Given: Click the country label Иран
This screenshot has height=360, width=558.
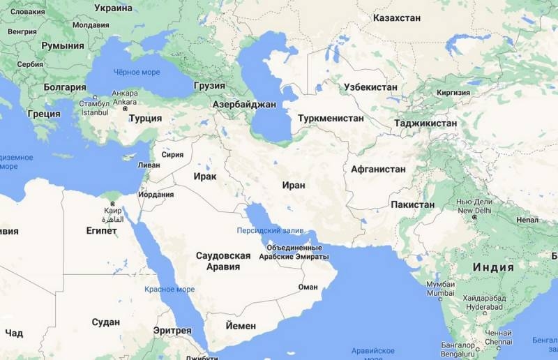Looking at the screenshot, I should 294,186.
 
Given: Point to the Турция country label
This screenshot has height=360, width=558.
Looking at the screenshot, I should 146,118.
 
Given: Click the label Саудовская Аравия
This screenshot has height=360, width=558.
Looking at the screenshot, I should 223,261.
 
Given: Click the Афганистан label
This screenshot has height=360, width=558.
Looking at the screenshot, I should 378,170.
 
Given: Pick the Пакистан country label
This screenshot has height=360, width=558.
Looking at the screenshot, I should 412,204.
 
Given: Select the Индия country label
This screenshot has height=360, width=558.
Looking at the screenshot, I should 493,267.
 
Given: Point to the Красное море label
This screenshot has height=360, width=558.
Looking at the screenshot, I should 169,289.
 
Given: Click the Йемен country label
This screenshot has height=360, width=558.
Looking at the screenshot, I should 241,326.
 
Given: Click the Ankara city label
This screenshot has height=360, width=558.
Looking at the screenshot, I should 124,93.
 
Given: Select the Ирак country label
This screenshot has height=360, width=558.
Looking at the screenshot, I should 205,177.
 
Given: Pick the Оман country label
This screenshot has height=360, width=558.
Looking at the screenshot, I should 308,287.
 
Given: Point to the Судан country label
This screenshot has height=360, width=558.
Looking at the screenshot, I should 105,322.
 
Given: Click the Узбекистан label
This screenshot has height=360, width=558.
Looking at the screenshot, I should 370,87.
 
